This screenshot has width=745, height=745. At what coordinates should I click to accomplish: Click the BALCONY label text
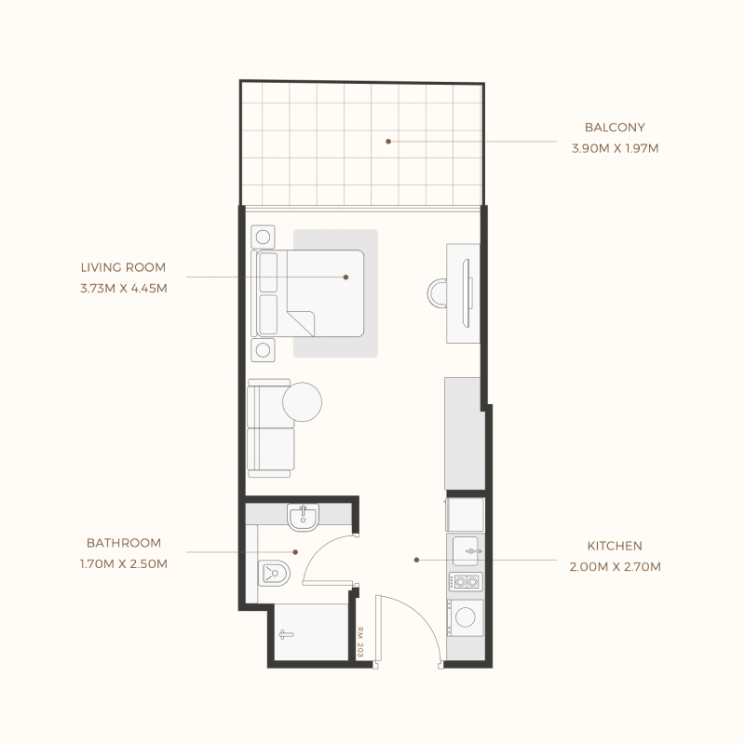(x=614, y=128)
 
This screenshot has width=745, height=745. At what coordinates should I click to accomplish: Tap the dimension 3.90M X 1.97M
(x=614, y=147)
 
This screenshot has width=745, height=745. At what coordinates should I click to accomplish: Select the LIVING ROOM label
(x=123, y=268)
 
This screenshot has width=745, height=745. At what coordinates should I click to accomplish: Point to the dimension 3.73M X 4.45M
(x=123, y=288)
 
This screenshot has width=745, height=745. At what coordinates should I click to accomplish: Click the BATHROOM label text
(x=124, y=543)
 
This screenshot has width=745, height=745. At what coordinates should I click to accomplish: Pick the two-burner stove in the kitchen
(x=465, y=583)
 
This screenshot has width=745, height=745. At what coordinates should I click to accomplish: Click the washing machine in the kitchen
(x=465, y=616)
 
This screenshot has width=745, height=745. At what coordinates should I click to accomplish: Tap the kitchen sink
(x=466, y=551)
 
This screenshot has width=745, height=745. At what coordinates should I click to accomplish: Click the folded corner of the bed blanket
(x=303, y=322)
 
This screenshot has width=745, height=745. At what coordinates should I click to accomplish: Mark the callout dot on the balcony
(x=388, y=142)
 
